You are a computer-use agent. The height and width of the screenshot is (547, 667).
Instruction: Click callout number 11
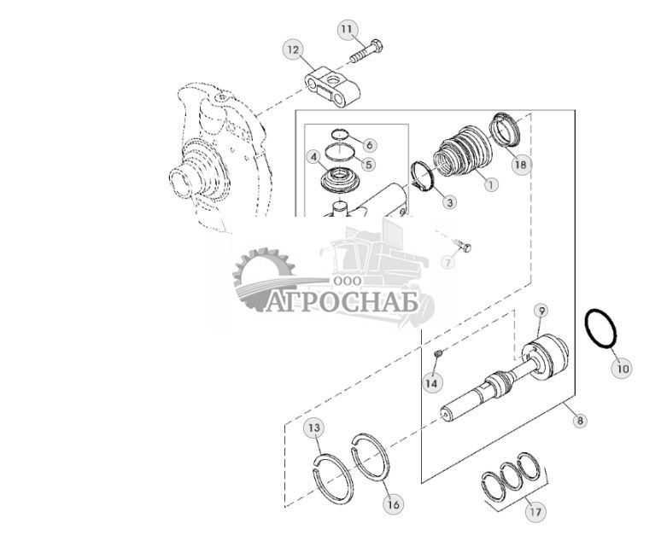pyautogui.click(x=346, y=30)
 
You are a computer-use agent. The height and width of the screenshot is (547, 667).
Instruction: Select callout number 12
pyautogui.click(x=293, y=50)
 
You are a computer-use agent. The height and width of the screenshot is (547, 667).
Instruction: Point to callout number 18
pyautogui.click(x=521, y=165)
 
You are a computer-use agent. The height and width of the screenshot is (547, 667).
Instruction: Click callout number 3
pyautogui.click(x=449, y=202)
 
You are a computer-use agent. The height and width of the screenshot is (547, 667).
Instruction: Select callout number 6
pyautogui.click(x=369, y=145)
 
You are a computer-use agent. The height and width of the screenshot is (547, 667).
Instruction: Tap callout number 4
pyautogui.click(x=314, y=157)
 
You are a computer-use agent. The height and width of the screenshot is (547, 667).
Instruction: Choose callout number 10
pyautogui.click(x=621, y=369)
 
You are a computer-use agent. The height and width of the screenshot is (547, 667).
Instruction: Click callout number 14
pyautogui.click(x=433, y=384)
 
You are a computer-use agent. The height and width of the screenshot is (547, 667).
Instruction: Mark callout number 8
pyautogui.click(x=581, y=420)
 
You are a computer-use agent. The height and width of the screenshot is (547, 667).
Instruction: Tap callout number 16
pyautogui.click(x=392, y=504)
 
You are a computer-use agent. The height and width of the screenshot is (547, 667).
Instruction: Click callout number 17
pyautogui.click(x=535, y=513)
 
